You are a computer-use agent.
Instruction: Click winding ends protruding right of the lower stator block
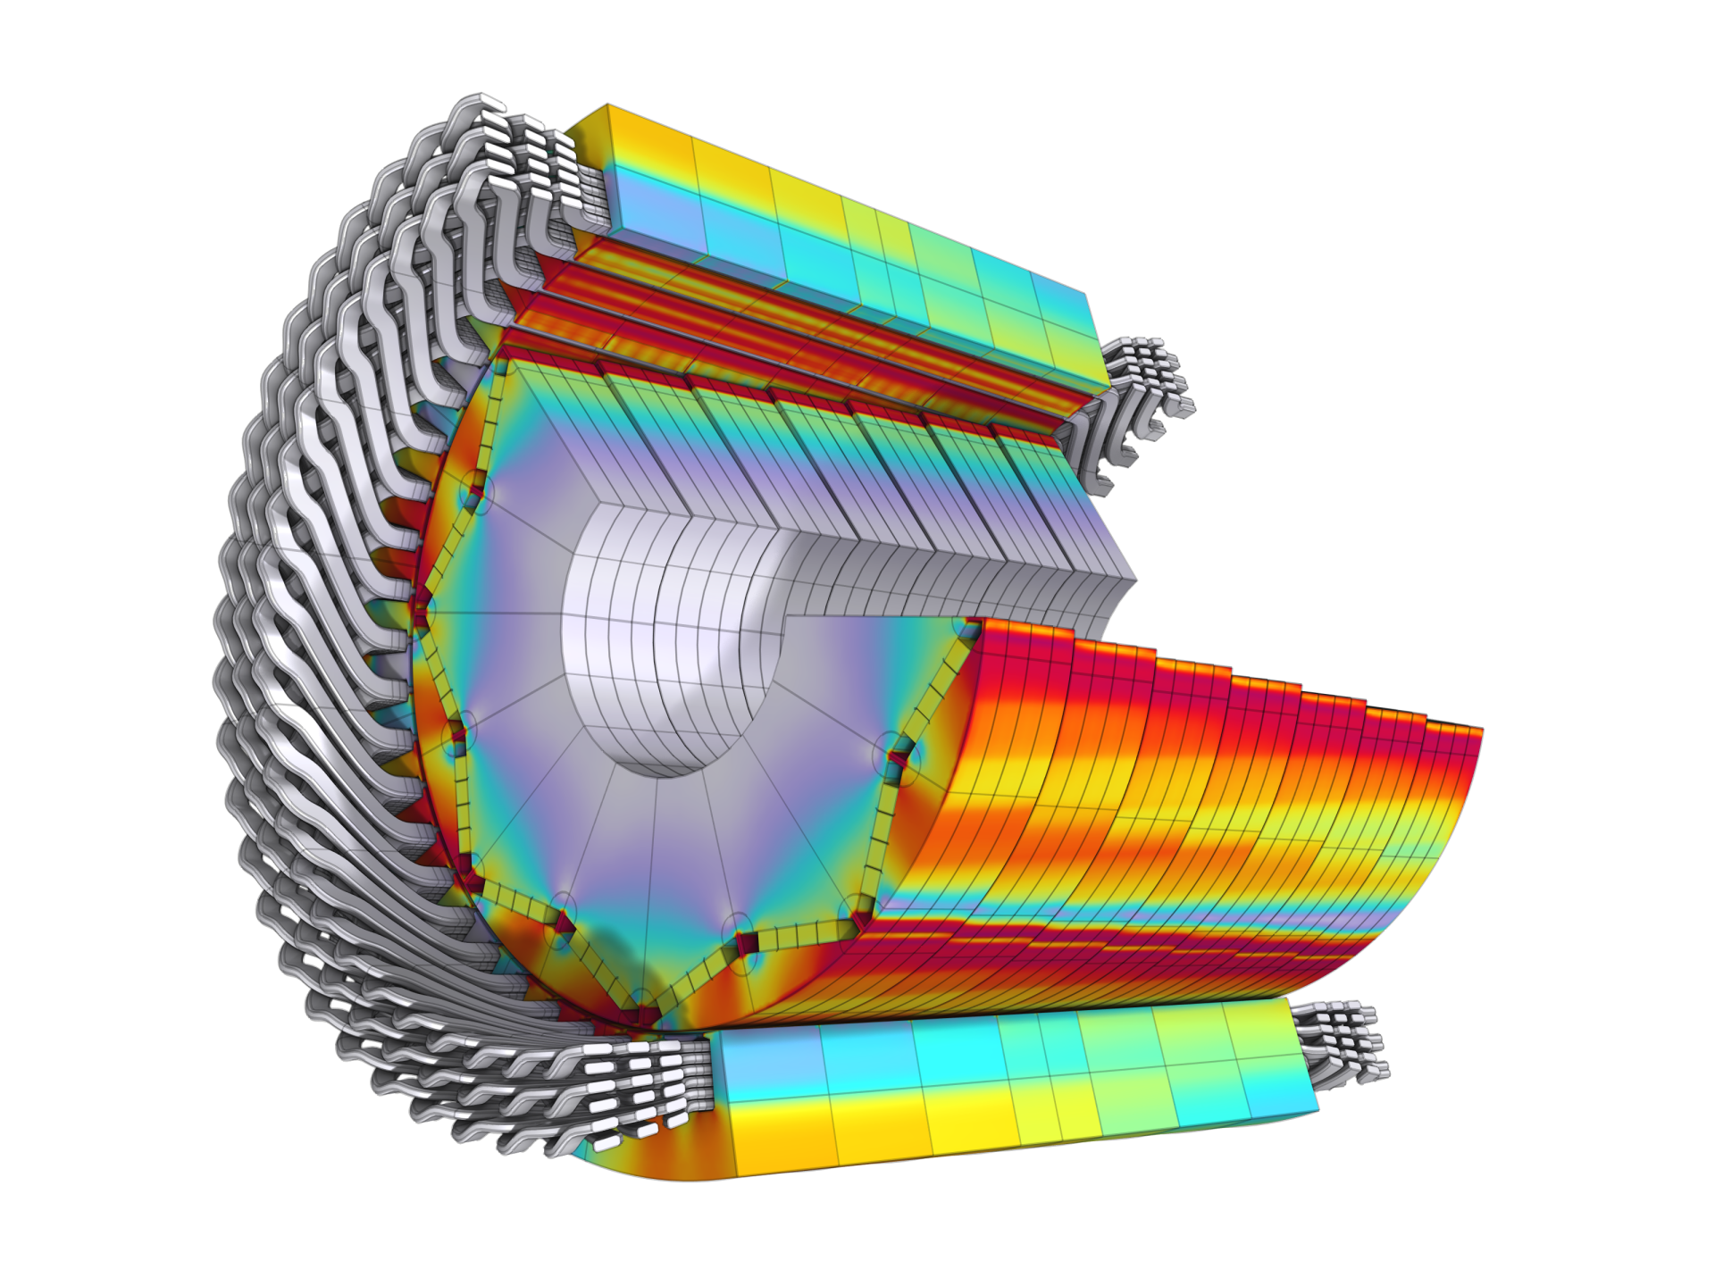click(x=1344, y=1040)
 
